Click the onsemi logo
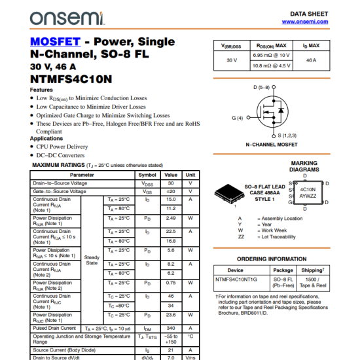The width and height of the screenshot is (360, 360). (58, 16)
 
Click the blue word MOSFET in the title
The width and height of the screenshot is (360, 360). (52, 41)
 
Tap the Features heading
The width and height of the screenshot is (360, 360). (41, 90)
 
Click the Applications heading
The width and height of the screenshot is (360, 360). (46, 138)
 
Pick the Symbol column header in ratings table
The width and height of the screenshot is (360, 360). (147, 175)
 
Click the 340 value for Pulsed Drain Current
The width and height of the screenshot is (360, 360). (171, 328)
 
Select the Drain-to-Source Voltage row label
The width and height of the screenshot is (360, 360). (60, 183)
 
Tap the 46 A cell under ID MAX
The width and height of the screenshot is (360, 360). (311, 60)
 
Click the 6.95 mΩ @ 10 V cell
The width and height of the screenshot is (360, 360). (271, 56)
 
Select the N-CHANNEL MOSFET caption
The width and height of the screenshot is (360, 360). (271, 143)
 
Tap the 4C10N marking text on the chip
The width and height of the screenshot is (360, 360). (308, 189)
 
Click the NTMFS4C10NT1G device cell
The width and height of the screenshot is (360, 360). (236, 279)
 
